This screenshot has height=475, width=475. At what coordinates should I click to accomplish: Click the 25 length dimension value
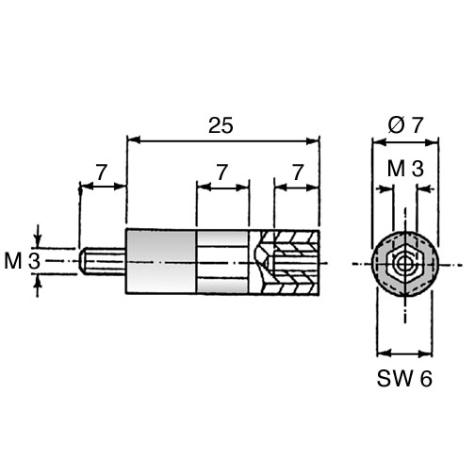[221, 125]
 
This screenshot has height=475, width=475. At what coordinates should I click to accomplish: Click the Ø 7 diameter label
[405, 125]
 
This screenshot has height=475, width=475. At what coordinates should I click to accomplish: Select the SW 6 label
[404, 378]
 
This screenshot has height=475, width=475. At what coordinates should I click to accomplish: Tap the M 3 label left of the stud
[23, 261]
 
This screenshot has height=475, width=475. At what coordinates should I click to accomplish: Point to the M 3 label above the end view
[405, 169]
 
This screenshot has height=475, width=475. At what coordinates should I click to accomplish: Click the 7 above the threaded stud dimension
[102, 172]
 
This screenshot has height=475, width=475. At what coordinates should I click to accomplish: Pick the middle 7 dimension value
[221, 172]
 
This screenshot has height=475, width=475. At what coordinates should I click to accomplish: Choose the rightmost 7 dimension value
[298, 172]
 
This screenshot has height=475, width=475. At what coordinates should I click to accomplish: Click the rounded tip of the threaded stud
[82, 261]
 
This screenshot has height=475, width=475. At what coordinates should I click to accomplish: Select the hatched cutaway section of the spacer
[286, 262]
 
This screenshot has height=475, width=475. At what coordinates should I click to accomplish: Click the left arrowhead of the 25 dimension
[133, 141]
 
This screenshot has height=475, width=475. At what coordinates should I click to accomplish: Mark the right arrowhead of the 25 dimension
[313, 141]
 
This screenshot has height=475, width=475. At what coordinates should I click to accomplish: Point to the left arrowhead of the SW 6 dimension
[384, 353]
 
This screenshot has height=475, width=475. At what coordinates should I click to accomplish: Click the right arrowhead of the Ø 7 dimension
[432, 142]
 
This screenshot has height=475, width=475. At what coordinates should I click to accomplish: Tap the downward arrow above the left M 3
[38, 240]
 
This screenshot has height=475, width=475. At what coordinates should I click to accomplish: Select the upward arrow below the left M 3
[38, 282]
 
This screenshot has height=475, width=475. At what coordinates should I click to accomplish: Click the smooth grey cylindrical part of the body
[161, 261]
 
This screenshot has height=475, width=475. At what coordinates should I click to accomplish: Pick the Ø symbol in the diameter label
[396, 125]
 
